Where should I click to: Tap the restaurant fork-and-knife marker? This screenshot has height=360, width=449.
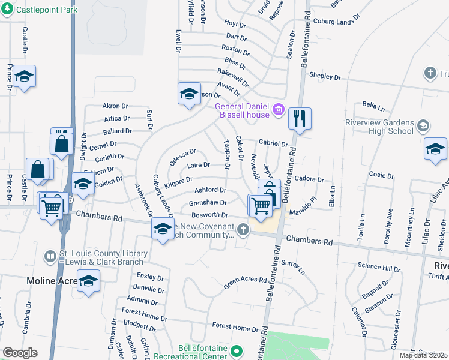[x=300, y=118]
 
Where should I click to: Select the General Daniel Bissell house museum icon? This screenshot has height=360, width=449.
[x=278, y=110]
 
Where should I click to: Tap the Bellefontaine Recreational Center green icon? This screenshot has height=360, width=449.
[x=237, y=350]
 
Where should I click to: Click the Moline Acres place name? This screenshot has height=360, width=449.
[x=53, y=280]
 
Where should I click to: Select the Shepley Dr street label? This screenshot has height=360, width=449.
[x=325, y=77]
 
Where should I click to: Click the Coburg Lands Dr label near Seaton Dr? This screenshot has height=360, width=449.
[x=335, y=22]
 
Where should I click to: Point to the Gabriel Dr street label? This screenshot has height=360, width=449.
[x=273, y=143]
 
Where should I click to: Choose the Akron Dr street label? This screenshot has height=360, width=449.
[x=115, y=106]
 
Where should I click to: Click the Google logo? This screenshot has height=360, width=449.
[x=20, y=353]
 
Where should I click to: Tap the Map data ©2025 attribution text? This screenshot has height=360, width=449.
[x=423, y=355]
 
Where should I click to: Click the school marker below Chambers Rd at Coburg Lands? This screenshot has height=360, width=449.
[x=163, y=229]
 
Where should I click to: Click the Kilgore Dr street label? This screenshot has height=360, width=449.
[x=178, y=181]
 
